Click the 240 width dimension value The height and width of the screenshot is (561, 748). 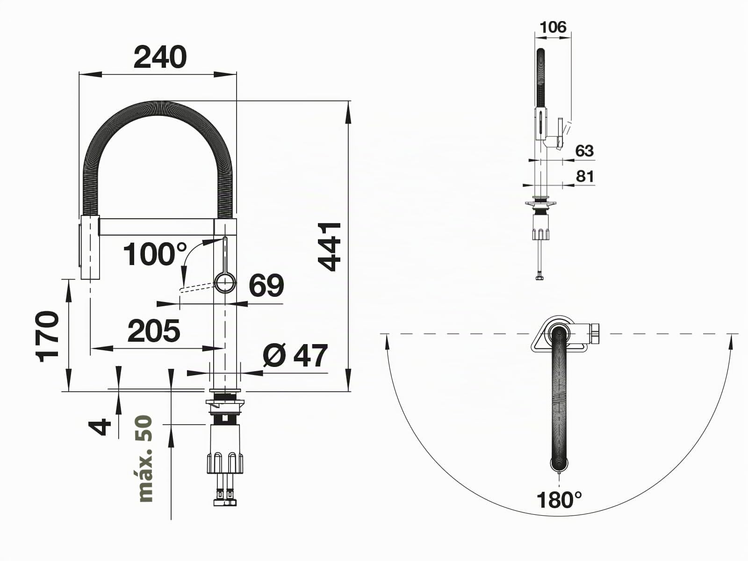pyautogui.click(x=160, y=57)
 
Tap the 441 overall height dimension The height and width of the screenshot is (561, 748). pyautogui.click(x=329, y=246)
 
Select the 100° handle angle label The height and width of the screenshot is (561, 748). pyautogui.click(x=155, y=254)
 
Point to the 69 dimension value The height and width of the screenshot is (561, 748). pyautogui.click(x=266, y=285)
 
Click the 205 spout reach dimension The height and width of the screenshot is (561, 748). pyautogui.click(x=154, y=331)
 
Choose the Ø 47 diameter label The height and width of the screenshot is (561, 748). pyautogui.click(x=295, y=355)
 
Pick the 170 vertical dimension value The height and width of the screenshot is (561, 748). pyautogui.click(x=47, y=336)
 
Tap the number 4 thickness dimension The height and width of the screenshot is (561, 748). pyautogui.click(x=100, y=427)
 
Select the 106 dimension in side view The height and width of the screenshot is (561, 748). pyautogui.click(x=554, y=27)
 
